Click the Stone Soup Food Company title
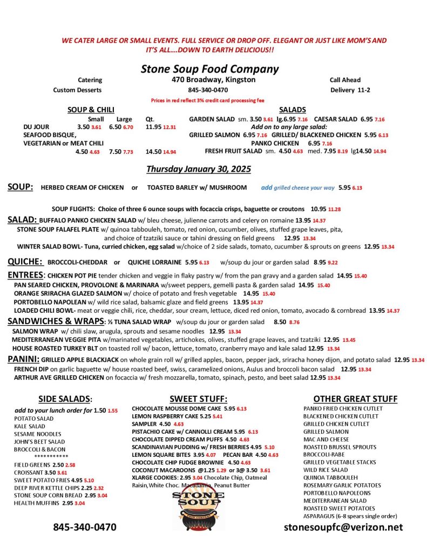pyautogui.click(x=209, y=69)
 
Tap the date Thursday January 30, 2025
pyautogui.click(x=198, y=169)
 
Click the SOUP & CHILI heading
pyautogui.click(x=90, y=110)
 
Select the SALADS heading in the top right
pyautogui.click(x=293, y=110)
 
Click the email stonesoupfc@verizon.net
pyautogui.click(x=343, y=527)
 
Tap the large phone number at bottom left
pyautogui.click(x=84, y=527)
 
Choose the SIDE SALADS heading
pyautogui.click(x=65, y=399)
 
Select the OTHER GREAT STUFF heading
pyautogui.click(x=348, y=399)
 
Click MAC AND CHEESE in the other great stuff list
pyautogui.click(x=326, y=440)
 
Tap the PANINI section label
pyautogui.click(x=23, y=359)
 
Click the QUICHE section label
pyautogui.click(x=25, y=262)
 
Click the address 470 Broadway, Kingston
pyautogui.click(x=209, y=80)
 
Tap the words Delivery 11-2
pyautogui.click(x=350, y=90)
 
